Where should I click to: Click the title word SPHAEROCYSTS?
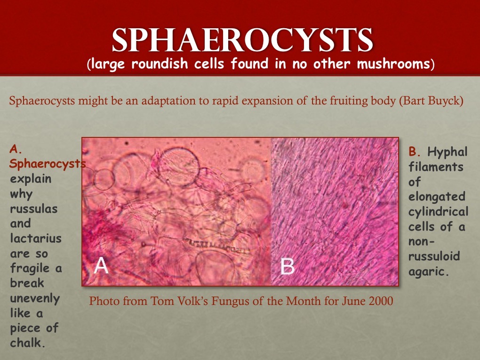242,40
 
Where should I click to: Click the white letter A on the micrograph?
101,265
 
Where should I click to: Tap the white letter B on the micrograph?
288,266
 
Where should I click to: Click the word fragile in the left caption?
30,268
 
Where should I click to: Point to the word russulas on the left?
34,209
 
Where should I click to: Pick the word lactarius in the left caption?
36,238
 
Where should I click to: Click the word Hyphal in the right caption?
447,152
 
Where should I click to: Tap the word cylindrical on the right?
438,212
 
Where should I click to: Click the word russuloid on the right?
434,256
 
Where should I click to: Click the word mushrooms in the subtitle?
393,64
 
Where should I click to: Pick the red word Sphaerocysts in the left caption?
47,164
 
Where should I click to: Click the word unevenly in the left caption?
35,298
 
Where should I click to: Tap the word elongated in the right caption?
437,197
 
